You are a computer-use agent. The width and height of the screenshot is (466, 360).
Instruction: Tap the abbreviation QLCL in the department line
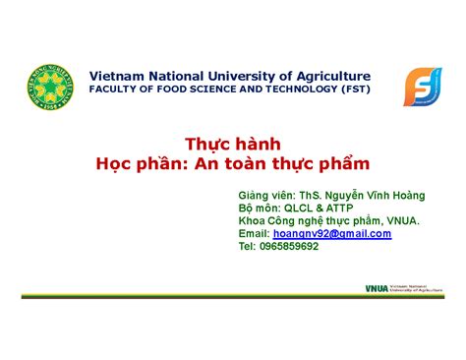pyautogui.click(x=298, y=209)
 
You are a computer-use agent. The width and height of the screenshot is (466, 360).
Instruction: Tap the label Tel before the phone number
pyautogui.click(x=247, y=247)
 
